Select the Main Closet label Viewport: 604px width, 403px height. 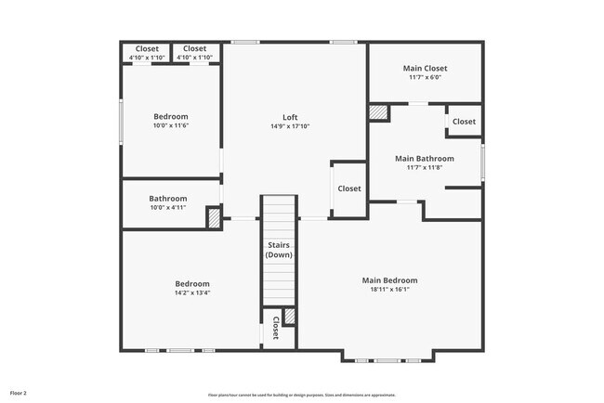tap(425, 68)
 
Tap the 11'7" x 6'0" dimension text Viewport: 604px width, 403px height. tap(425, 78)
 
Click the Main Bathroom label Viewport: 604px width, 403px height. tap(425, 158)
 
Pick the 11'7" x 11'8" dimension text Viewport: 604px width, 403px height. tap(425, 168)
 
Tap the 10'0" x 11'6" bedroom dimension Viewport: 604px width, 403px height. tap(171, 126)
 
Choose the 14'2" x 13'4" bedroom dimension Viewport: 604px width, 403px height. tap(192, 293)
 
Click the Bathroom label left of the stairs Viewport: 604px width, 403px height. tap(168, 198)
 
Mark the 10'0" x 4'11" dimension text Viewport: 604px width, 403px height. tap(168, 208)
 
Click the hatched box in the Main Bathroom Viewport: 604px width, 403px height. tap(379, 112)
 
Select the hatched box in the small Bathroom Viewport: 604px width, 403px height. tap(213, 217)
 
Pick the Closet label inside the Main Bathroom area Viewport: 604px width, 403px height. tap(464, 122)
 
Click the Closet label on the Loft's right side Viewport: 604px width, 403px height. tap(349, 188)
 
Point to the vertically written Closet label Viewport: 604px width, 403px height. tap(276, 329)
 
